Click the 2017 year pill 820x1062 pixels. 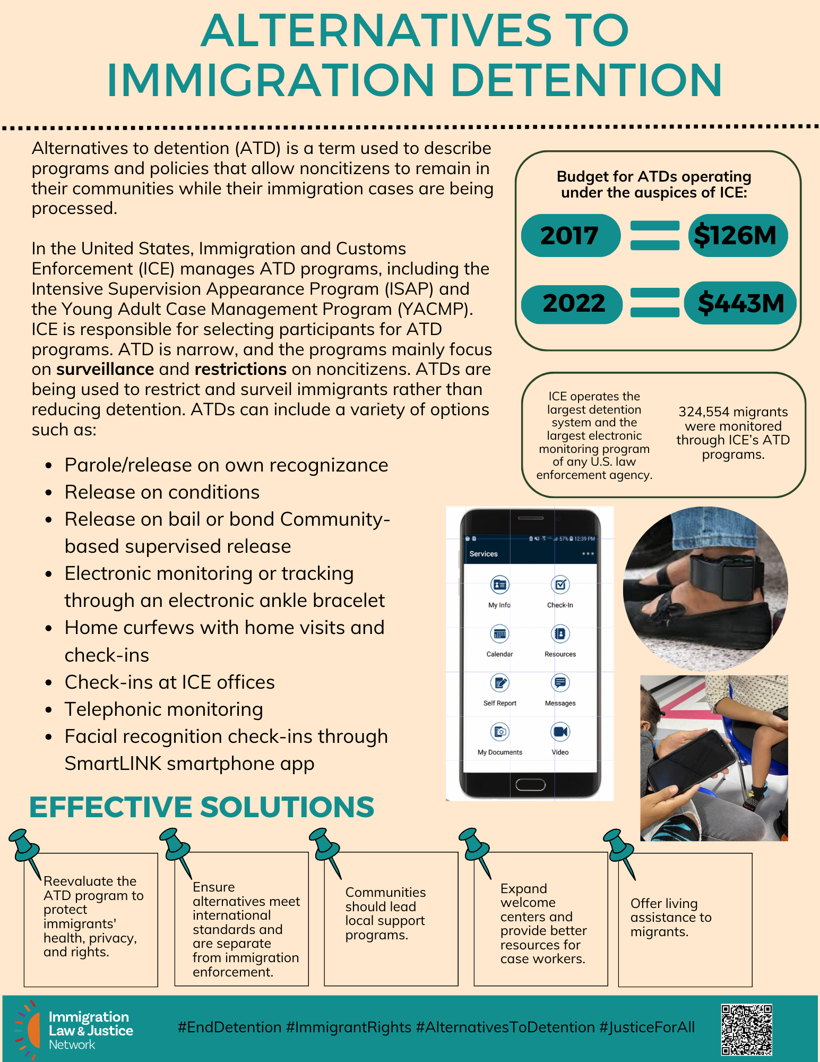pyautogui.click(x=570, y=235)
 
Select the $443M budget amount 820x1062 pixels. pyautogui.click(x=740, y=303)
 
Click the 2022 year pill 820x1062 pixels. pyautogui.click(x=573, y=304)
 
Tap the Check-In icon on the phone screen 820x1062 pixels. pyautogui.click(x=560, y=585)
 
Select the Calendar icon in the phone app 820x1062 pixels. pyautogui.click(x=499, y=633)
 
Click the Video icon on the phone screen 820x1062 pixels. pyautogui.click(x=560, y=732)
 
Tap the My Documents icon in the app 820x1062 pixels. pyautogui.click(x=499, y=732)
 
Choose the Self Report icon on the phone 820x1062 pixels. pyautogui.click(x=499, y=683)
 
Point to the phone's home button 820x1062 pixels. pyautogui.click(x=530, y=785)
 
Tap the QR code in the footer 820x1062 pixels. pyautogui.click(x=746, y=1029)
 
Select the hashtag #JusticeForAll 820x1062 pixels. pyautogui.click(x=647, y=1027)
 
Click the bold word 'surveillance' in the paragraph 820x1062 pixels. pyautogui.click(x=105, y=369)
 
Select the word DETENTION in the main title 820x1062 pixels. pyautogui.click(x=586, y=81)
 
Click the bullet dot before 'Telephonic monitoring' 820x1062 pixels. pyautogui.click(x=49, y=710)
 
